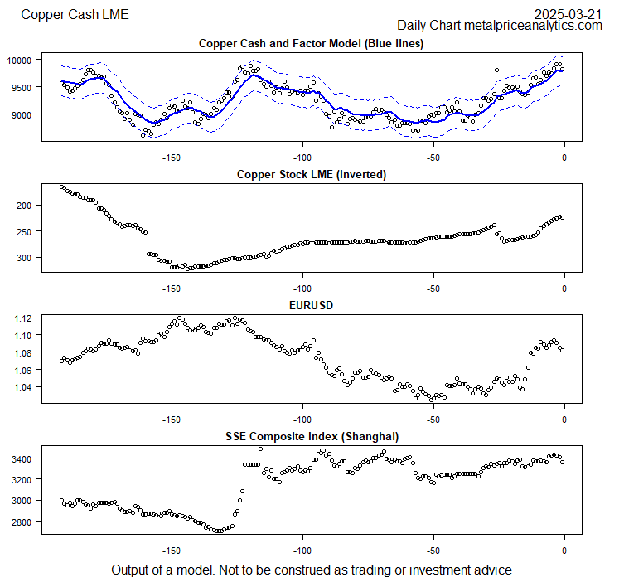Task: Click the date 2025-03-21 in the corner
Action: point(568,13)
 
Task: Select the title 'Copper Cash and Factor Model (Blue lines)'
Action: point(311,44)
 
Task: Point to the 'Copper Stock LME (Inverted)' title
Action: point(311,174)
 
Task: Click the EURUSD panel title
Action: point(311,305)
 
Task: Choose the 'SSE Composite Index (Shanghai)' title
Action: point(311,436)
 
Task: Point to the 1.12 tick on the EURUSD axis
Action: point(22,318)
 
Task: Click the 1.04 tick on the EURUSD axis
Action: point(22,387)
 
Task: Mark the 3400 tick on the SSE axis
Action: point(20,458)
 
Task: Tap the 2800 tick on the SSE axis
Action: point(20,522)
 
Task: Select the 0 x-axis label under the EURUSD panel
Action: point(564,420)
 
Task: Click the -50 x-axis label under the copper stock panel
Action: point(433,289)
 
